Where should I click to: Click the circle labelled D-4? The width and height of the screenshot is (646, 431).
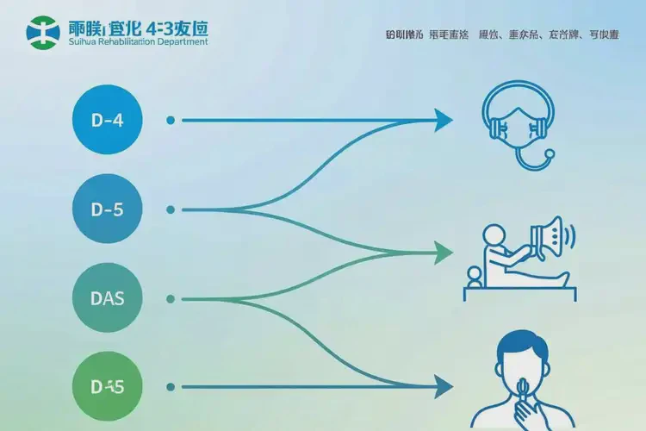[107, 120]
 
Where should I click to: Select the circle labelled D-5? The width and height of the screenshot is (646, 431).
[107, 209]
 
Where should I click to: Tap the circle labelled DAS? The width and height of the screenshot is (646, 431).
[107, 299]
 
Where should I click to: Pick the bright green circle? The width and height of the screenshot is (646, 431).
[107, 386]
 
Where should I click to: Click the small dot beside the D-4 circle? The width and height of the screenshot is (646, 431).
[171, 120]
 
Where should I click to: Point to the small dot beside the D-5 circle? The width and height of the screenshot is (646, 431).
[171, 209]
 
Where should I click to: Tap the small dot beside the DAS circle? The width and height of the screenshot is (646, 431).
[171, 299]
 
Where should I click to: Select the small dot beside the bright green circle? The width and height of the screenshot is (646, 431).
[171, 386]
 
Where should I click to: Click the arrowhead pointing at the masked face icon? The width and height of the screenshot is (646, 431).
[444, 120]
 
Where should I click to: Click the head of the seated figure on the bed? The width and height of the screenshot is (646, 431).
[494, 234]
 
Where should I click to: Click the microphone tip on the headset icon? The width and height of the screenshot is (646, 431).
[549, 155]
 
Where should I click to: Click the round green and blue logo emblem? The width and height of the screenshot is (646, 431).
[43, 32]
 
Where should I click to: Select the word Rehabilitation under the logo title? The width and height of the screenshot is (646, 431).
[128, 42]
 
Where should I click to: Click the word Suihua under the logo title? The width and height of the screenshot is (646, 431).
[83, 42]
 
